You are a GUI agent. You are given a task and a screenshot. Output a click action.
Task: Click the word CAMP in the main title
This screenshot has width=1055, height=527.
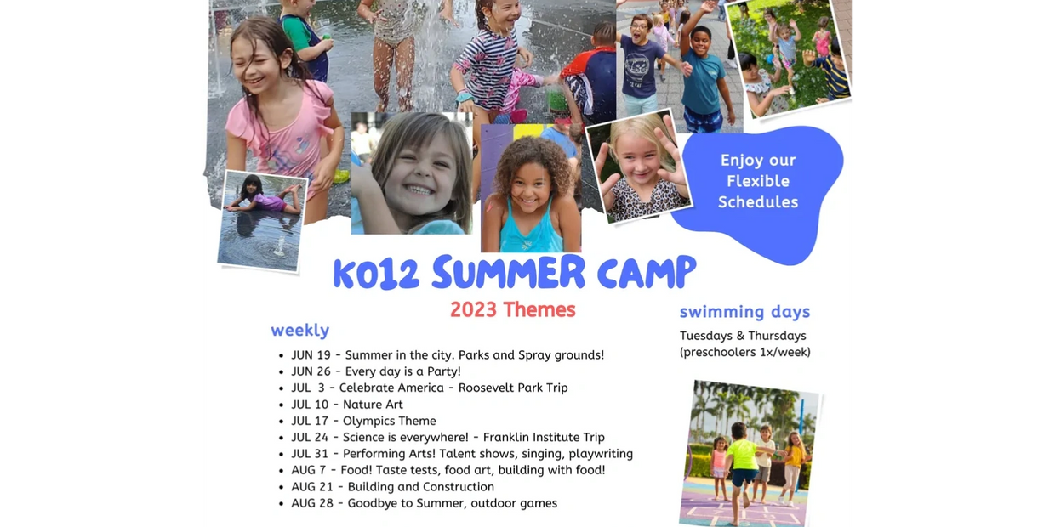(x=647, y=273)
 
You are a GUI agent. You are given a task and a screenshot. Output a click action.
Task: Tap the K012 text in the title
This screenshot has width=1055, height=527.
(x=376, y=274)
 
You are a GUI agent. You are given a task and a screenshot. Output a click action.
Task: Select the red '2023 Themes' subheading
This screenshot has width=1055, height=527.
(x=513, y=310)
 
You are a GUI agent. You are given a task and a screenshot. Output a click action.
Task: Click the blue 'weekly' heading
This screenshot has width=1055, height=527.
(x=300, y=331)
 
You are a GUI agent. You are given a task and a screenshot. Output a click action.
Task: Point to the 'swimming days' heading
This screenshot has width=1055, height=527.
(x=744, y=312)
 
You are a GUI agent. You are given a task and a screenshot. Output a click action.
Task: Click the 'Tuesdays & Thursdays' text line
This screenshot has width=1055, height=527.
(x=743, y=336)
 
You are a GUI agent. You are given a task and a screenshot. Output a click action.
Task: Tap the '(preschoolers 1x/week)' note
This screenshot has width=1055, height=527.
(x=745, y=353)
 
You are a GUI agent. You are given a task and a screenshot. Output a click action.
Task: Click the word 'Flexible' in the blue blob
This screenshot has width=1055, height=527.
(x=758, y=181)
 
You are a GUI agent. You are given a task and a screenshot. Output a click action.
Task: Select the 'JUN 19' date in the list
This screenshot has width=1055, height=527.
(x=311, y=355)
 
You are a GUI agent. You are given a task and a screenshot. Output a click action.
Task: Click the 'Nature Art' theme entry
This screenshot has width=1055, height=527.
(x=373, y=405)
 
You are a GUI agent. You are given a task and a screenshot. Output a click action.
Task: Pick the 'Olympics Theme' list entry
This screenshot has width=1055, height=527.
(x=389, y=421)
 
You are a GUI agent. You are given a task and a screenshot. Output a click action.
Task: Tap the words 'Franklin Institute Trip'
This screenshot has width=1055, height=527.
(x=544, y=438)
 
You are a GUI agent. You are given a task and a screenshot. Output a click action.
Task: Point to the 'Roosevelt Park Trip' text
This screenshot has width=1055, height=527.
(x=513, y=388)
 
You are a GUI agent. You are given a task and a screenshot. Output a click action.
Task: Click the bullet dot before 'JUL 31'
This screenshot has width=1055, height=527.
(x=281, y=455)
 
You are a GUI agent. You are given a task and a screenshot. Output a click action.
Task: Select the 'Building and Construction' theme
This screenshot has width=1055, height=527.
(x=420, y=487)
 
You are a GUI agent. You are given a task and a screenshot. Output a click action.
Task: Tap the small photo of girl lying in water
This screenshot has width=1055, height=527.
(x=262, y=221)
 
